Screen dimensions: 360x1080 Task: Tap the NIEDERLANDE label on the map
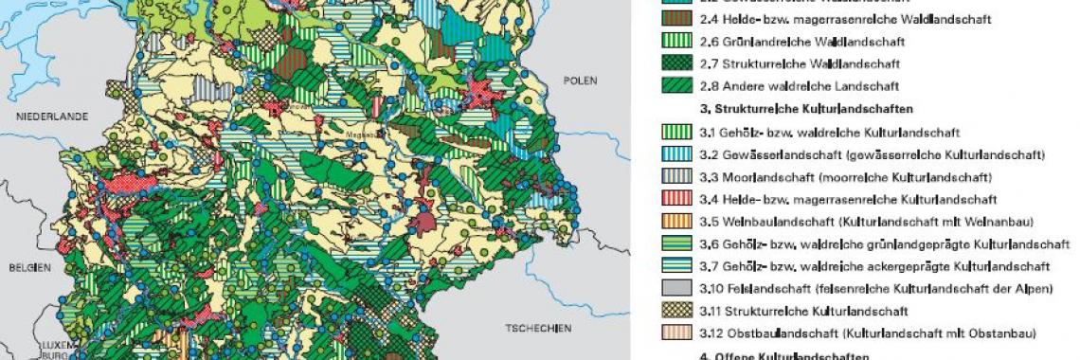[50, 116]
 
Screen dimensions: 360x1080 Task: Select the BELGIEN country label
[28, 267]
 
